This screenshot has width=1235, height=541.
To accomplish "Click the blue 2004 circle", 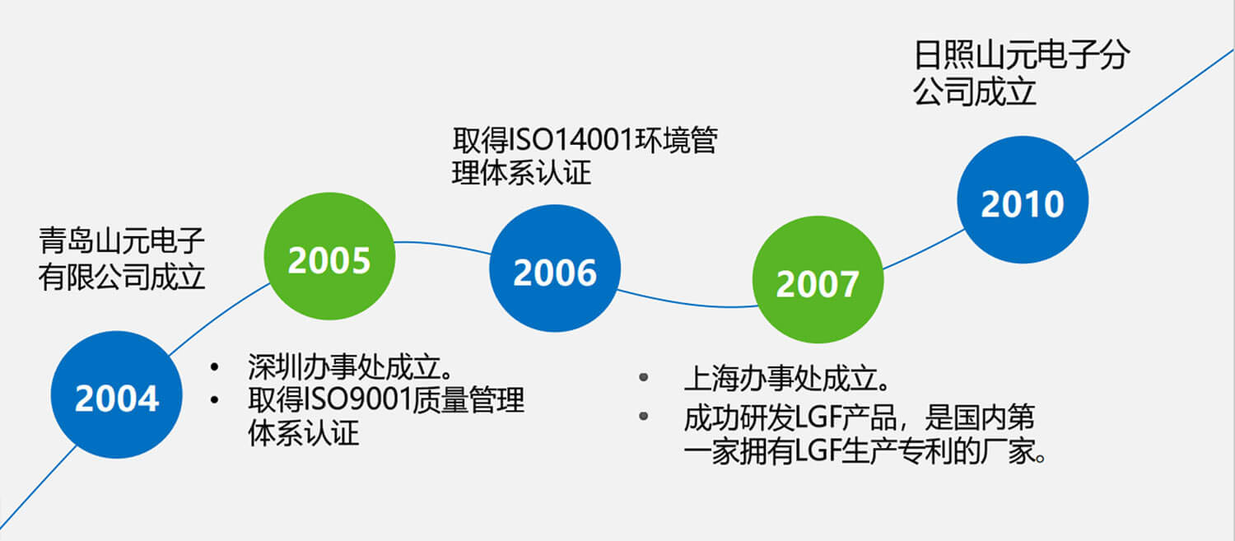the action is (x=116, y=395).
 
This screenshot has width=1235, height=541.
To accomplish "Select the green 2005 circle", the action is (x=329, y=256).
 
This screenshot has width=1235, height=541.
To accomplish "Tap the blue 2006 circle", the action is (x=555, y=268).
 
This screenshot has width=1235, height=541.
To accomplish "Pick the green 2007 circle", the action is (x=818, y=280).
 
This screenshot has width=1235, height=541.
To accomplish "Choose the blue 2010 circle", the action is (x=1023, y=199).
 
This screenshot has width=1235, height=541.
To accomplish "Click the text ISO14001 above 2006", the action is (x=571, y=140).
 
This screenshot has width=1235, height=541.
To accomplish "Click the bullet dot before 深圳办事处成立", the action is (x=214, y=366).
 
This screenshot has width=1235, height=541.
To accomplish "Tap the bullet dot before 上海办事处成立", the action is (x=643, y=378).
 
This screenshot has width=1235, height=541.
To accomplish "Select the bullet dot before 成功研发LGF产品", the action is (x=643, y=417).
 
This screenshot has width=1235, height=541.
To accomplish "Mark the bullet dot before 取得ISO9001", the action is (x=214, y=400).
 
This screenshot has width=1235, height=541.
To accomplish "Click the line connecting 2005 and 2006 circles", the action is (x=443, y=245).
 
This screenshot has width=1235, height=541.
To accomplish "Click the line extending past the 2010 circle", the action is (x=1155, y=105).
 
